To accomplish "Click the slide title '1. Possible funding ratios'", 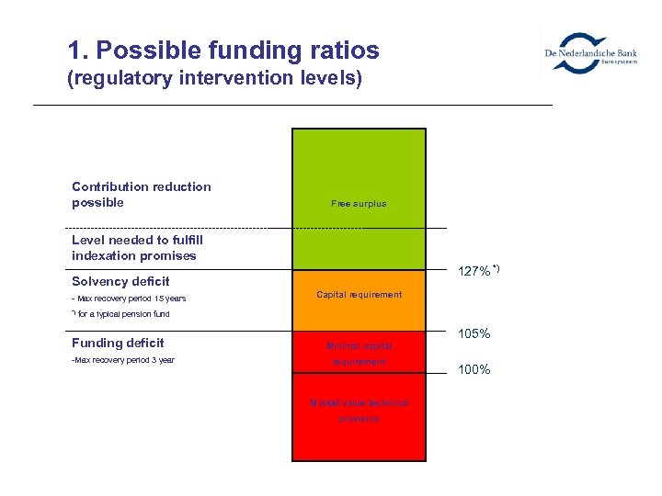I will (223, 50).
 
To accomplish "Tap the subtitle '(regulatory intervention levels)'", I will (215, 79).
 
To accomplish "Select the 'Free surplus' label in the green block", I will (359, 203).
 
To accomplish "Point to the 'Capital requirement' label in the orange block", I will (359, 295).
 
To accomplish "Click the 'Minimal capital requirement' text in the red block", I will (359, 354).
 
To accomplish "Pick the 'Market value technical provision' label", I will (359, 411).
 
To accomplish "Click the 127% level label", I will (474, 272).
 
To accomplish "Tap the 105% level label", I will (474, 333).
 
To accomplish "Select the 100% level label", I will (474, 369).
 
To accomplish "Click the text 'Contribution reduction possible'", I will (142, 195).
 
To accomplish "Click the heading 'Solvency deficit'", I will (120, 281).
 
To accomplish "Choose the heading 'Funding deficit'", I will (118, 343).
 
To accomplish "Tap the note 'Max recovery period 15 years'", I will (130, 299).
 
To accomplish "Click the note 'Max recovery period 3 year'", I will (123, 360).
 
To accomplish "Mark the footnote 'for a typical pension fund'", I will (122, 314).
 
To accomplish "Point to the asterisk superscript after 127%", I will (496, 267).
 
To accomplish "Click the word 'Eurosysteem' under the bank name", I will (619, 62).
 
